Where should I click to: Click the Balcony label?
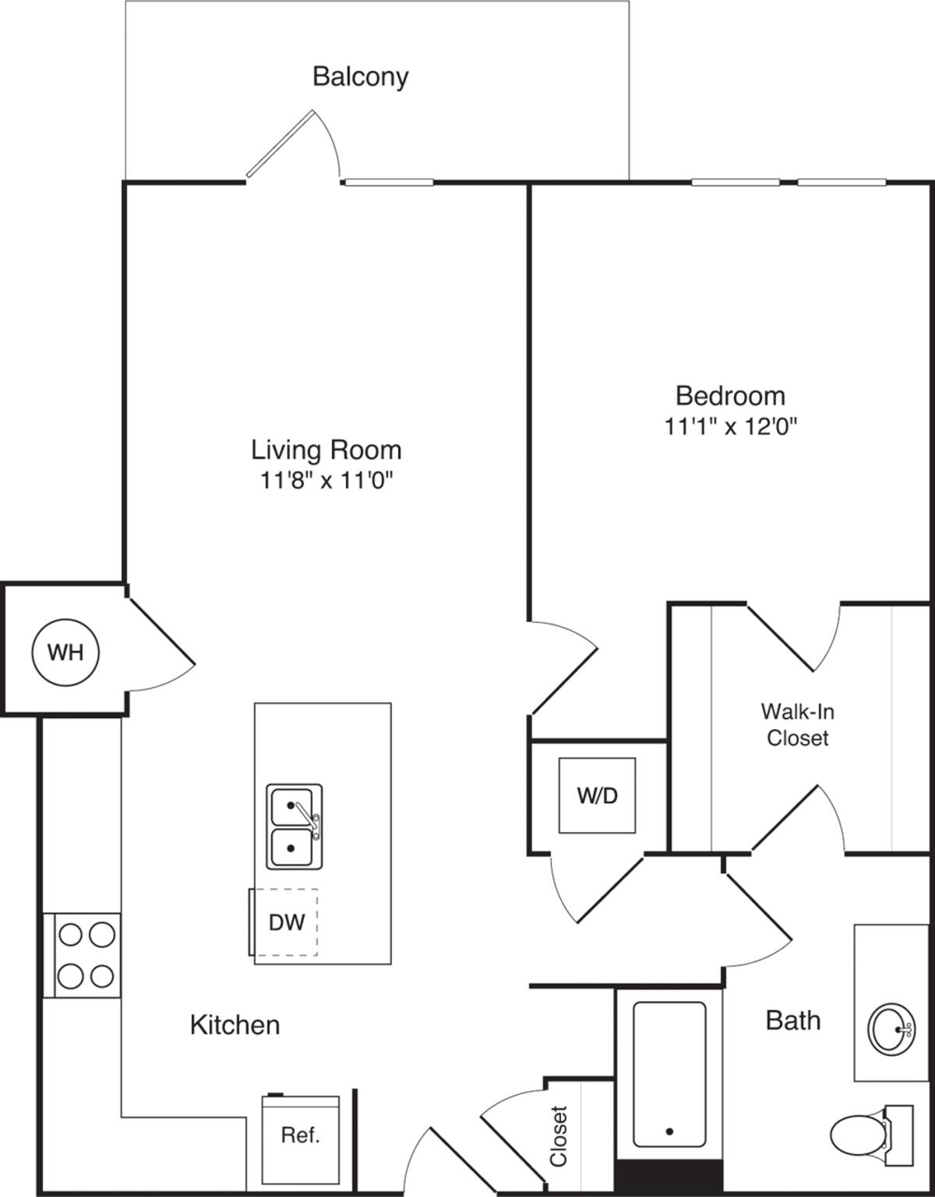[360, 76]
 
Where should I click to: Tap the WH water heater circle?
[65, 651]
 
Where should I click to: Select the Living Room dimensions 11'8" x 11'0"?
[326, 481]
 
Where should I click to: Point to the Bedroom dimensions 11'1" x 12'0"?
[730, 426]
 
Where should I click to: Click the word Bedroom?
[730, 396]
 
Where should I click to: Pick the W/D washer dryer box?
[597, 795]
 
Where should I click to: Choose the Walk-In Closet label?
[797, 724]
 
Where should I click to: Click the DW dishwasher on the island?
[286, 923]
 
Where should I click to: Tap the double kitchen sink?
[294, 826]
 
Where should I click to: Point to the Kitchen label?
[235, 1025]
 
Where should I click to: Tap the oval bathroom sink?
[892, 1029]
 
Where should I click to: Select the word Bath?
[793, 1020]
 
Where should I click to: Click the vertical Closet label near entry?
[559, 1135]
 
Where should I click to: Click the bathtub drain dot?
[669, 1132]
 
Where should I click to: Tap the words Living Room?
[326, 450]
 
